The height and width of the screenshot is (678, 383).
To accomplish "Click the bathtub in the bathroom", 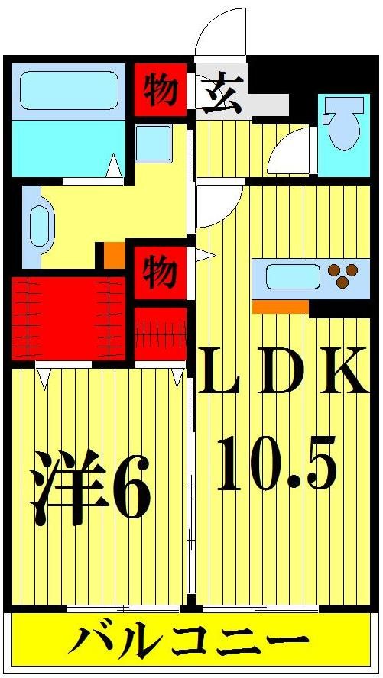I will click(69, 91).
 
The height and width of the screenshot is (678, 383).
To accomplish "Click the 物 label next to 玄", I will click(161, 89).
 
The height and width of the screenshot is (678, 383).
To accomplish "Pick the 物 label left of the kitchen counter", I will click(161, 271).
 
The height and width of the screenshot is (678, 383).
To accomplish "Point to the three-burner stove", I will click(342, 275).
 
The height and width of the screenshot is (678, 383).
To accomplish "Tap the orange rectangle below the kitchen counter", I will click(280, 307).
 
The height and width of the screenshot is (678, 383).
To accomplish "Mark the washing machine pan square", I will click(153, 143).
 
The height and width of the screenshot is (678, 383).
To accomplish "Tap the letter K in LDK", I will click(342, 370).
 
